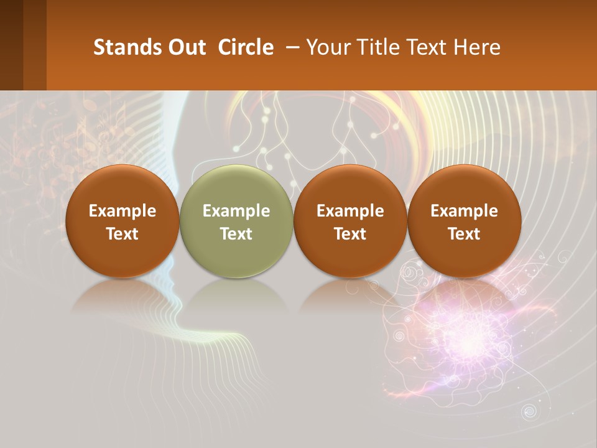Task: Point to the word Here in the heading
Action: pyautogui.click(x=477, y=47)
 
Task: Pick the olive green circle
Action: pyautogui.click(x=236, y=221)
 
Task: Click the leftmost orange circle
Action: pyautogui.click(x=123, y=221)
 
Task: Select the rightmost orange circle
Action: pyautogui.click(x=464, y=221)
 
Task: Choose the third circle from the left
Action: pyautogui.click(x=350, y=221)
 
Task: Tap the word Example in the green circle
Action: pyautogui.click(x=236, y=211)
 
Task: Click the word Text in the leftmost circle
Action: pyautogui.click(x=123, y=234)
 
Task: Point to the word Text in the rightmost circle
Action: pyautogui.click(x=464, y=234)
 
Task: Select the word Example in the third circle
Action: pyautogui.click(x=350, y=211)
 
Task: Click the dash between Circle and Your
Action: pyautogui.click(x=290, y=47)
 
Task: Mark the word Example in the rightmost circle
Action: pyautogui.click(x=464, y=211)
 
